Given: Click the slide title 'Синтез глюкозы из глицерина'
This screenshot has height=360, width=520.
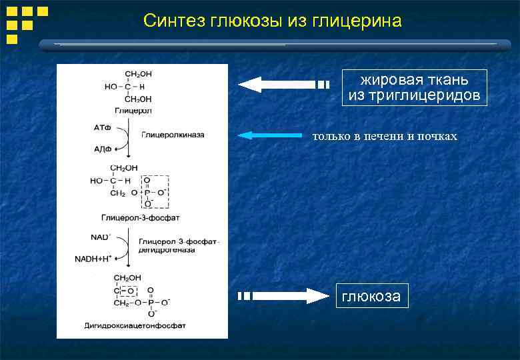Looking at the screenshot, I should (272, 21).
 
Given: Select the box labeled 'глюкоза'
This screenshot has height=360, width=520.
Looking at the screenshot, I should (371, 296).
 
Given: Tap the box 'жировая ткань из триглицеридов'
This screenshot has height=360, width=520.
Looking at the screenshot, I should (414, 87).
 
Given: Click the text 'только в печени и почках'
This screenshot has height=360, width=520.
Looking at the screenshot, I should (385, 136).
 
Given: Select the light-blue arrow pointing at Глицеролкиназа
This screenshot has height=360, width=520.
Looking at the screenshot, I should (269, 135).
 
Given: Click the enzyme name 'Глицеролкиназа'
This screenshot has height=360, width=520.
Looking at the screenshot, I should (173, 134).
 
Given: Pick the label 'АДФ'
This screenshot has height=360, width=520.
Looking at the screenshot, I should (102, 149).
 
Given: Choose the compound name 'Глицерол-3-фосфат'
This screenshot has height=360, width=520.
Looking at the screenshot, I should (140, 218).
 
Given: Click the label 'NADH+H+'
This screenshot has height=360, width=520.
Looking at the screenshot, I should (93, 258).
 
